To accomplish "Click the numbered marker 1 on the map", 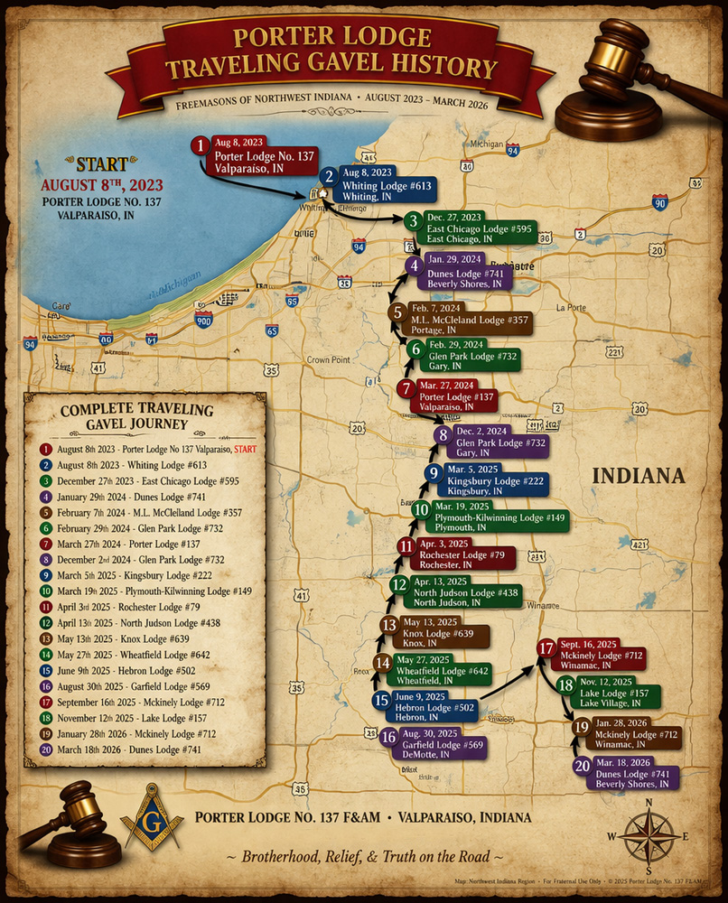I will coord(200,145).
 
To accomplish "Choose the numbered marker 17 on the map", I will coord(546,647).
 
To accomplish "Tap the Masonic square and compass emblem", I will coord(151,815).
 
